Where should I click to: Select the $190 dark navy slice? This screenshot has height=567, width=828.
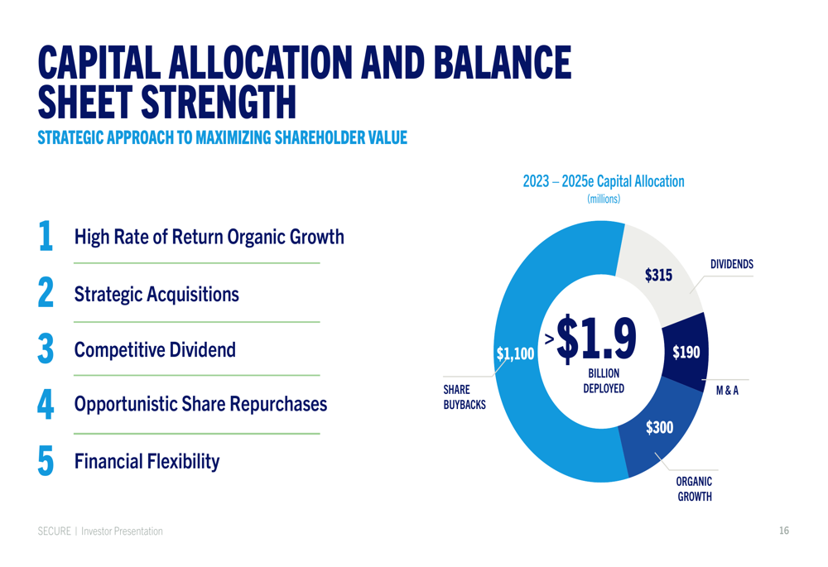(686, 353)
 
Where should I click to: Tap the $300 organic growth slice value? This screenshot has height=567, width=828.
(659, 427)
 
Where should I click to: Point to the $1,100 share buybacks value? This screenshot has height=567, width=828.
(515, 354)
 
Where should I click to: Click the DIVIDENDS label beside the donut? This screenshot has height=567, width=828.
(731, 264)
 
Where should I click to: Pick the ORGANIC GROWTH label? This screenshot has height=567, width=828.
(694, 489)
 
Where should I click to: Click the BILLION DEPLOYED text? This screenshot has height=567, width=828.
(603, 382)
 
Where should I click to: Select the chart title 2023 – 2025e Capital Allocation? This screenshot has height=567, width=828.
(604, 181)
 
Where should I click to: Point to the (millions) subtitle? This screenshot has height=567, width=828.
(604, 199)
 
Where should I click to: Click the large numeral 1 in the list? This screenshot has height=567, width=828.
(46, 236)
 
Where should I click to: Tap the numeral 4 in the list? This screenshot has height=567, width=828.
(46, 405)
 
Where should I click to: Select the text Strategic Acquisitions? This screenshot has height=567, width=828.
(156, 294)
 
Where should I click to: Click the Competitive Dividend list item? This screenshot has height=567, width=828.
(155, 350)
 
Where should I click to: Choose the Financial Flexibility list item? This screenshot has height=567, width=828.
(147, 461)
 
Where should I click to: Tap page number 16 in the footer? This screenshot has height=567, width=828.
(783, 531)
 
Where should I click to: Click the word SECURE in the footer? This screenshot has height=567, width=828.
(54, 531)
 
